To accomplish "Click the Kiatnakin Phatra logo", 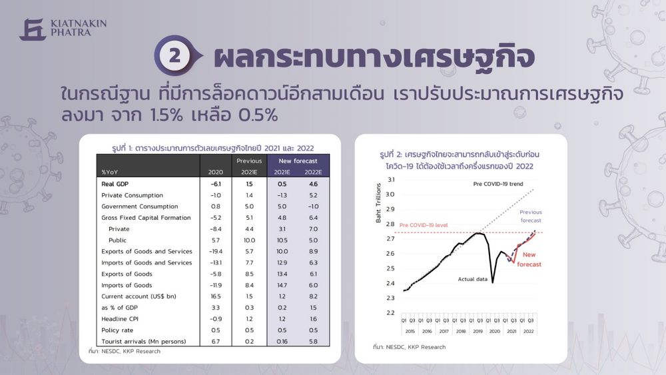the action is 63,29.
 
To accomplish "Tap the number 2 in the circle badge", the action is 174,56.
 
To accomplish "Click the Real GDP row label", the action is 115,184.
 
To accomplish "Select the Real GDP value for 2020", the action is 215,184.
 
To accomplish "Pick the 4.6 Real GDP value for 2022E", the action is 313,184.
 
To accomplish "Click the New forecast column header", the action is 298,161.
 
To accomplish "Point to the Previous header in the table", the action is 249,161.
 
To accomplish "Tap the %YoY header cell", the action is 110,172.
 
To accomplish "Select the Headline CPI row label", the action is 120,319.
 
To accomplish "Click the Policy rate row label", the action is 117,330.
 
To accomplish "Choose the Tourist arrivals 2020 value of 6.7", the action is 215,342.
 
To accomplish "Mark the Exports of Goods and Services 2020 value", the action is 215,251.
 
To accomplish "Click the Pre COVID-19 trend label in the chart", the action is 498,184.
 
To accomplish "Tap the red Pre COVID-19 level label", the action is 424,225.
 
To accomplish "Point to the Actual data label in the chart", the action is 472,279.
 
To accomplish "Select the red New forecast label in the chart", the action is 529,260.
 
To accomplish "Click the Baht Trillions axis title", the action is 378,203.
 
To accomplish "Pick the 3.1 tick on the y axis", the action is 391,180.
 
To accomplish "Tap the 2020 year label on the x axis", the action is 494,331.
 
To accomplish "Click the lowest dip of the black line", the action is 493,282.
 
